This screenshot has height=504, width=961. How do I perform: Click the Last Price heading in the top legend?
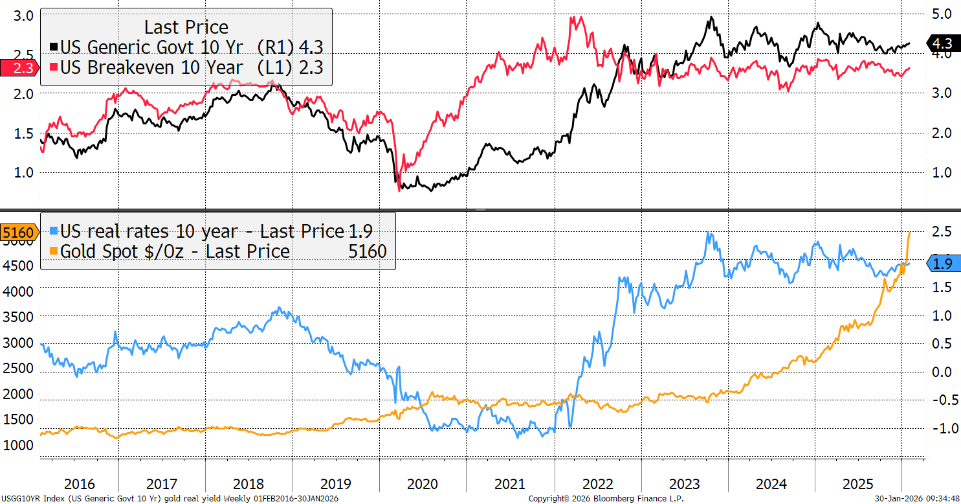pyautogui.click(x=186, y=27)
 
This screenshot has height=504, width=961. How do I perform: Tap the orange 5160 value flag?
pyautogui.click(x=17, y=231)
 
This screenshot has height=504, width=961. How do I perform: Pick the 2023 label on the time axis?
pyautogui.click(x=684, y=483)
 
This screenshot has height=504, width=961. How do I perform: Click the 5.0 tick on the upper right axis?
pyautogui.click(x=942, y=14)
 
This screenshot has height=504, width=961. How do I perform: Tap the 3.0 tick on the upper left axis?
pyautogui.click(x=23, y=16)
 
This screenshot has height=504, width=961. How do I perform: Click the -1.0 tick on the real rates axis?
pyautogui.click(x=942, y=428)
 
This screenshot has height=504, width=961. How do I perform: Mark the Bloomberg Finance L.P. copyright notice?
pyautogui.click(x=606, y=499)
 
